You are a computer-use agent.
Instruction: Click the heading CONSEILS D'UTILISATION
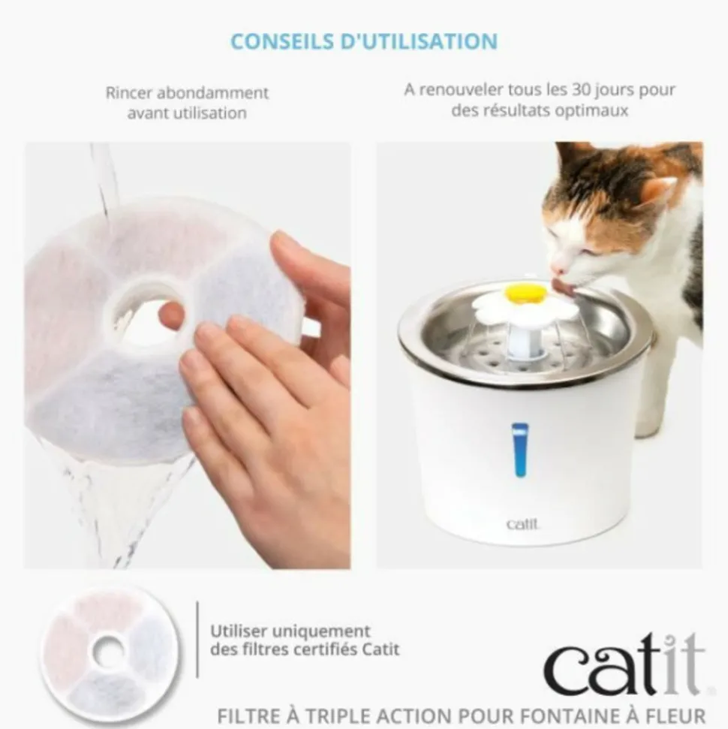pos(364,41)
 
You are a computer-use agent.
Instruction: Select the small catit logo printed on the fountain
pos(522,525)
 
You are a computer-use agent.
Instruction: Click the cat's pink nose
pos(555,270)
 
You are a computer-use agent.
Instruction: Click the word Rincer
pos(129,92)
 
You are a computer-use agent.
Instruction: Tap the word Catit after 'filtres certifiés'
pos(381,649)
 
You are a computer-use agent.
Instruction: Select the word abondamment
pos(213,92)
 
